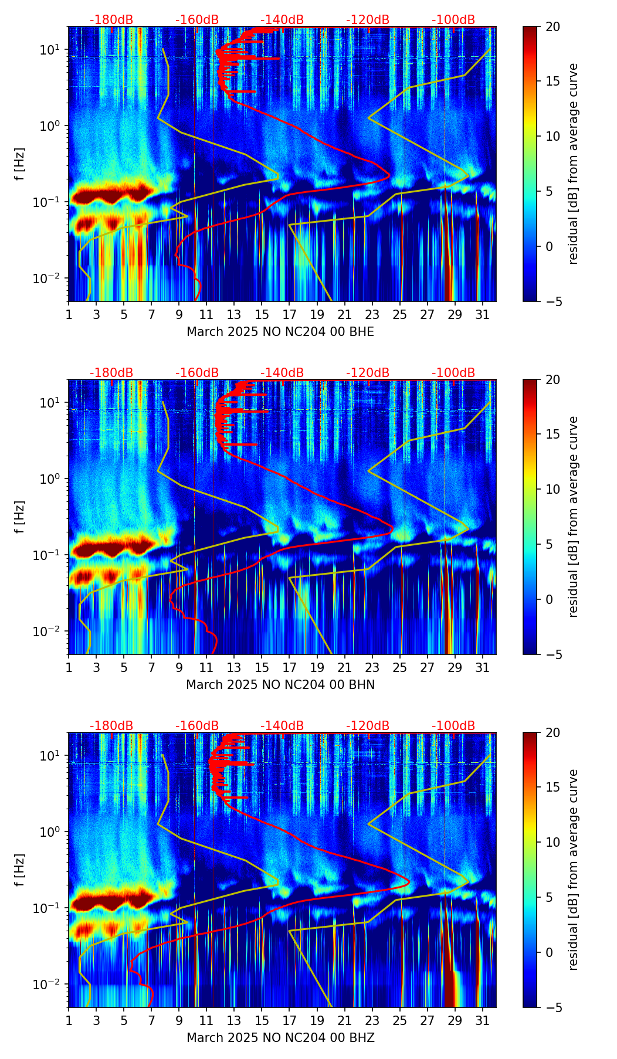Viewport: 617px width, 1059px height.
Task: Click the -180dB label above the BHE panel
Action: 111,20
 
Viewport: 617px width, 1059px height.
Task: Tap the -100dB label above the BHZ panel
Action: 453,726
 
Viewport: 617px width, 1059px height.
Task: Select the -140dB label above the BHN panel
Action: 282,373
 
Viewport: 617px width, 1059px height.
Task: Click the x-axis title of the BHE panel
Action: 280,332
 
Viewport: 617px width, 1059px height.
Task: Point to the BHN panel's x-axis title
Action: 280,685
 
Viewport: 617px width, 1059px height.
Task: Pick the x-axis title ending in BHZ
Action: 280,1038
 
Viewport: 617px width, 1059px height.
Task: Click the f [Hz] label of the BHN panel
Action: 20,517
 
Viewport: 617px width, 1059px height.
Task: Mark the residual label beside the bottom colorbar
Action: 573,870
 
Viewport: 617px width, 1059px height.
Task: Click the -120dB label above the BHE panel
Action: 368,20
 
